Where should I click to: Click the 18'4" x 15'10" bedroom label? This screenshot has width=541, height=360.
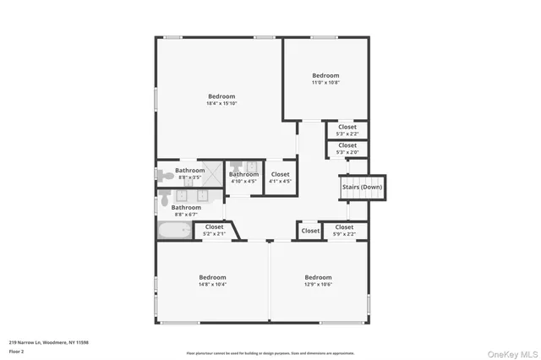coord(221,100)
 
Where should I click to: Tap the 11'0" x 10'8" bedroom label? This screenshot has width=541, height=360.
coord(325,79)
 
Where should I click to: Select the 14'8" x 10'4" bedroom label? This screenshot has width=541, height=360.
coord(212,281)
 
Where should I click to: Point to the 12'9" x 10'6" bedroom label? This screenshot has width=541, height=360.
coord(318,281)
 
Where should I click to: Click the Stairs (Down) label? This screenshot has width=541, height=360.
coord(362,187)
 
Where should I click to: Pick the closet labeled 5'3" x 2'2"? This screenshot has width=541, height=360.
coord(347,130)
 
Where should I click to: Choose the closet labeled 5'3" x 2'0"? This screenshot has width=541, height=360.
coord(347,148)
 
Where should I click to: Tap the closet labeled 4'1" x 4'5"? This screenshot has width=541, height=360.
coord(280,177)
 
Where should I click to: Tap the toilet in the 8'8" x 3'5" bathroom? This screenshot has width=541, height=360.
coord(161,174)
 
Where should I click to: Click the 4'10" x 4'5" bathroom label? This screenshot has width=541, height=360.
coord(243,177)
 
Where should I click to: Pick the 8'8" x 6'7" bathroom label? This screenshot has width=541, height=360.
coord(186,210)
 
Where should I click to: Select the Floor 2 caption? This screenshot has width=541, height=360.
coord(16,351)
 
